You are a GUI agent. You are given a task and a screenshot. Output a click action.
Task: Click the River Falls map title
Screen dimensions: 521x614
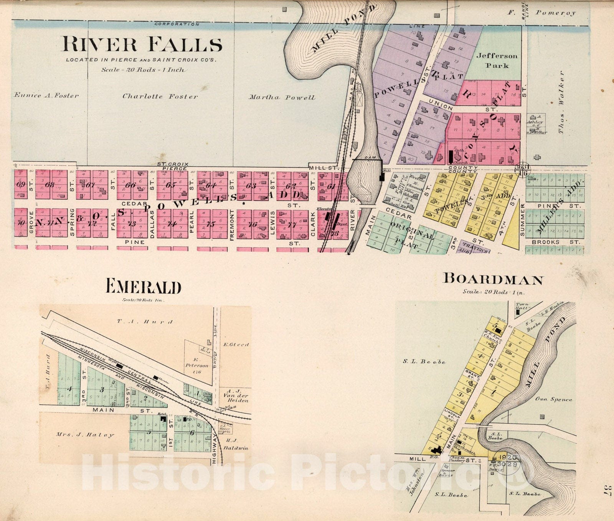click(x=142, y=44)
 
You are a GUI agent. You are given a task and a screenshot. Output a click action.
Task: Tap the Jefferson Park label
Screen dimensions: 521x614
click(x=497, y=60)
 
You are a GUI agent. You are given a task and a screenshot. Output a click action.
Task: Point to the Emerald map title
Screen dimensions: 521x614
click(x=143, y=286)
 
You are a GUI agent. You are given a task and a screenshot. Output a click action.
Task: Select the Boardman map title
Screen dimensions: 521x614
click(x=493, y=279)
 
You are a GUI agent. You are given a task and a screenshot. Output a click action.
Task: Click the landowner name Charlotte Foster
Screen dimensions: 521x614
click(x=160, y=96)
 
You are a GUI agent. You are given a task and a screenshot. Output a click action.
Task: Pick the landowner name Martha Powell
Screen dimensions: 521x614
click(x=282, y=98)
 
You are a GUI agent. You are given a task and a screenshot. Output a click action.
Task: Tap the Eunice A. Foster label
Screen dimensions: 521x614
click(x=46, y=96)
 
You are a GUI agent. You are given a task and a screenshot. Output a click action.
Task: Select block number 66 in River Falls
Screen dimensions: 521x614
click(x=130, y=185)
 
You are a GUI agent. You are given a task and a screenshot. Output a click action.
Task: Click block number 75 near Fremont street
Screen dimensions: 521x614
click(x=211, y=224)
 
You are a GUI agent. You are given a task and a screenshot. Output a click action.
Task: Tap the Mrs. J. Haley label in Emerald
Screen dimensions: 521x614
click(x=85, y=435)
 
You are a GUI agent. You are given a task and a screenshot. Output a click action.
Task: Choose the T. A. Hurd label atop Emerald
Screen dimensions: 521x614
click(x=145, y=322)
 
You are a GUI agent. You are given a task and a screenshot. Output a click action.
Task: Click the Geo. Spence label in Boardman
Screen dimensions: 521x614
click(x=553, y=399)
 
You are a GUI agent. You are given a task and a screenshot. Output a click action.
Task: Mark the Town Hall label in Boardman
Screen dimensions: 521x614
click(x=522, y=306)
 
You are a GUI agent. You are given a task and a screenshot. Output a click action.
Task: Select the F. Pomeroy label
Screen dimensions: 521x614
click(x=542, y=13)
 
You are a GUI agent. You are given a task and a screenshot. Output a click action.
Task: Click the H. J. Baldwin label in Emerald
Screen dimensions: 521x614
click(x=236, y=444)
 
